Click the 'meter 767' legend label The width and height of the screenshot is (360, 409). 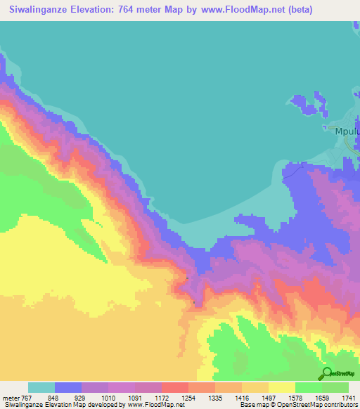[14, 397]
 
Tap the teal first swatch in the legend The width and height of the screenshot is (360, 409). [41, 387]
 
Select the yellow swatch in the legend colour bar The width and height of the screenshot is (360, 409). [282, 387]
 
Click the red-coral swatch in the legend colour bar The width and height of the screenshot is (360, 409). [175, 387]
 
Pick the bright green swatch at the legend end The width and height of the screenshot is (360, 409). [335, 387]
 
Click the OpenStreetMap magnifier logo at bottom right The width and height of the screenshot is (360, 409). [328, 373]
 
